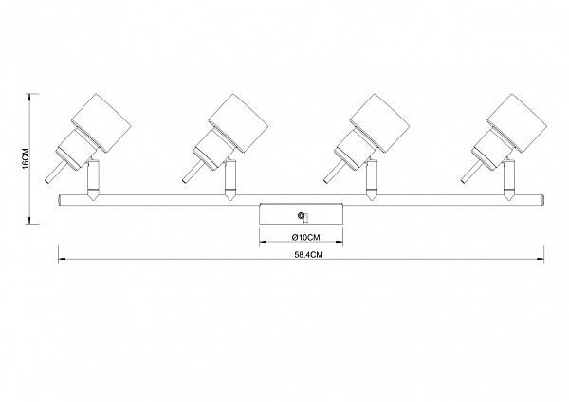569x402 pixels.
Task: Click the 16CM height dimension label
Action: pos(27,158)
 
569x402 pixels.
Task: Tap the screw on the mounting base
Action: pos(301,215)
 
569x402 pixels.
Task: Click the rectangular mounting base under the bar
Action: pos(301,213)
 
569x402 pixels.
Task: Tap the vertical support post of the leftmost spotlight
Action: pos(92,179)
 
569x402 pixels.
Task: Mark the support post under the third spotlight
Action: pos(371,179)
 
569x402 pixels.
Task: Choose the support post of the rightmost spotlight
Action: pos(508,179)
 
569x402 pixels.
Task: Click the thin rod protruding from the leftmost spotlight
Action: pos(54,172)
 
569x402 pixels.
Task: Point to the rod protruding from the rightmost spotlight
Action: pos(470,172)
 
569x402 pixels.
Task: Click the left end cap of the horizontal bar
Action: pos(60,200)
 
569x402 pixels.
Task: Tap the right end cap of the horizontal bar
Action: pos(542,200)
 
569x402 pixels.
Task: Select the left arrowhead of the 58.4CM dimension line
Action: pos(62,259)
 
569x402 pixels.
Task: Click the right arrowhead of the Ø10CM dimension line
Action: pos(340,241)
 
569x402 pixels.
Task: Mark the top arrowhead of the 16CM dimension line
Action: pos(29,97)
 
